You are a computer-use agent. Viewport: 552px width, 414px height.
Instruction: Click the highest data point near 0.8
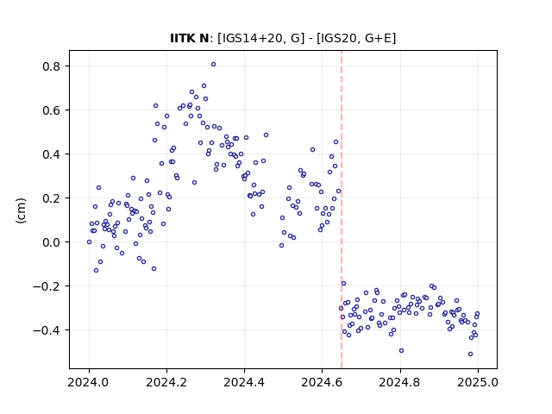point(213,65)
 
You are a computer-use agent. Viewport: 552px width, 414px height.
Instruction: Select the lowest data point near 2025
point(470,354)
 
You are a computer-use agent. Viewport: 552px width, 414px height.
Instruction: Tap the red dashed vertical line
point(342,210)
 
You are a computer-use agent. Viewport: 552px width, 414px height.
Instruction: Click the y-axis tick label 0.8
point(51,66)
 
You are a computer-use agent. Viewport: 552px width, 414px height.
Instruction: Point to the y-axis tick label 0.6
point(51,110)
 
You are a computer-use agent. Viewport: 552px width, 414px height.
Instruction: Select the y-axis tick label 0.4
point(51,154)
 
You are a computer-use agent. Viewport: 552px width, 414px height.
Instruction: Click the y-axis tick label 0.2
point(51,198)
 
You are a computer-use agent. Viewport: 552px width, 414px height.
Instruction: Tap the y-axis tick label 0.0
point(51,242)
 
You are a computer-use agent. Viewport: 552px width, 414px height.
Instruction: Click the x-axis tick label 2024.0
point(89,382)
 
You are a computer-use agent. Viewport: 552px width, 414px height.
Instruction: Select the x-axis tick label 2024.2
point(166,382)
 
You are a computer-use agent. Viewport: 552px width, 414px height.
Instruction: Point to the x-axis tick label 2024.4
point(244,382)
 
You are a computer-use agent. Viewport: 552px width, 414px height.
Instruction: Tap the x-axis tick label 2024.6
point(322,382)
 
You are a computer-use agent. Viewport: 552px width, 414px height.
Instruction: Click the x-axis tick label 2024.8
point(400,382)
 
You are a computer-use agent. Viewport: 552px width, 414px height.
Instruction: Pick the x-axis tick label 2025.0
point(478,382)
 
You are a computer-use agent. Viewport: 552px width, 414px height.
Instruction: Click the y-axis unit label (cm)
point(21,210)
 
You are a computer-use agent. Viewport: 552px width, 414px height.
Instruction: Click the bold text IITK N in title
point(190,38)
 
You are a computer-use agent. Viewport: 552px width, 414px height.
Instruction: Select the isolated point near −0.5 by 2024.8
point(401,351)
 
